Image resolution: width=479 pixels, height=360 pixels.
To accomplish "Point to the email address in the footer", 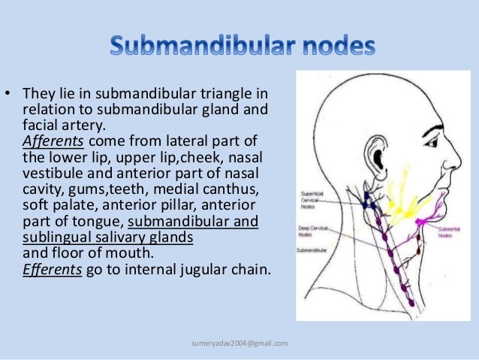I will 239,343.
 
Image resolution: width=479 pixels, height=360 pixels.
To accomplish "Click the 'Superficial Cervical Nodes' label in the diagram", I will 312,198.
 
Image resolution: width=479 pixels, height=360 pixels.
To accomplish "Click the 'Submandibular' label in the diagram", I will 311,251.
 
